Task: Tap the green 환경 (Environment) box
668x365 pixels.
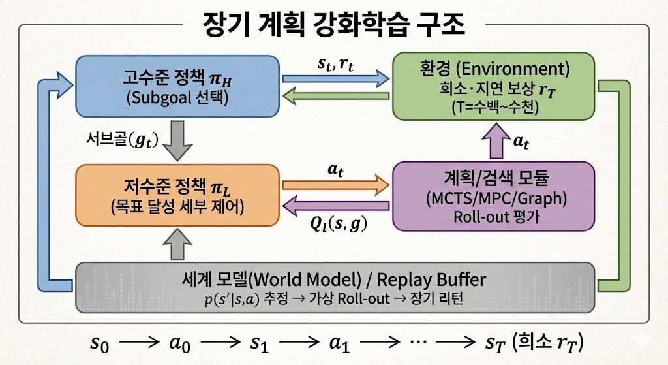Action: pyautogui.click(x=493, y=87)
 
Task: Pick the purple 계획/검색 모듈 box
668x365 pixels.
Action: pyautogui.click(x=493, y=197)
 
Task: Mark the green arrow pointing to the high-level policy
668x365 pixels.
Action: pyautogui.click(x=335, y=98)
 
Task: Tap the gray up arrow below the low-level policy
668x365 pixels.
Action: pyautogui.click(x=177, y=247)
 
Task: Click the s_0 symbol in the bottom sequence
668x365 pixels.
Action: pyautogui.click(x=99, y=343)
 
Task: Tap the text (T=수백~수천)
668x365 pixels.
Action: pyautogui.click(x=493, y=106)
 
